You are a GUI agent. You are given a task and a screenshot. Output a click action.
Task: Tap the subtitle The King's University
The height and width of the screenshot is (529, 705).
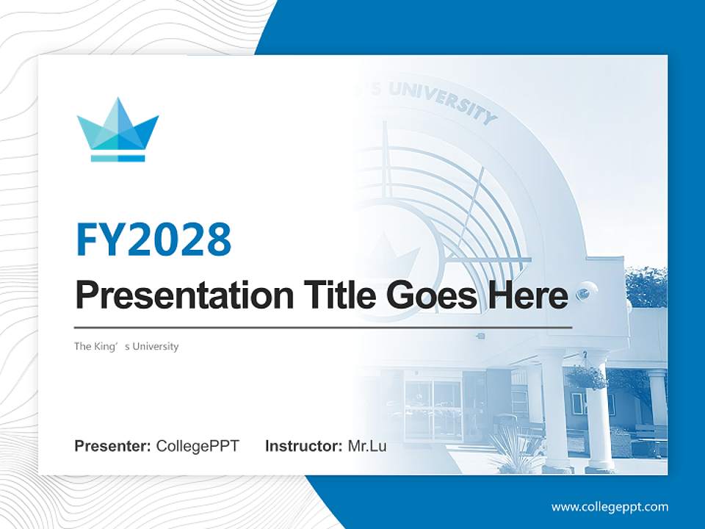(x=126, y=346)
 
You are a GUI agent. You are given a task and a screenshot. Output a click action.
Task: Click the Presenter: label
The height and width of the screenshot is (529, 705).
(x=113, y=446)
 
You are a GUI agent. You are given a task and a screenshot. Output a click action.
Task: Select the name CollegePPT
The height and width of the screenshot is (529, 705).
(x=198, y=446)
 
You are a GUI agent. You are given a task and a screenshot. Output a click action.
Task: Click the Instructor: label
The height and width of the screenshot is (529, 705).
(x=304, y=446)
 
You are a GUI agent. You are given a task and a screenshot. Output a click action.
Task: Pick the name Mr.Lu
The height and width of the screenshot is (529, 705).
(x=367, y=446)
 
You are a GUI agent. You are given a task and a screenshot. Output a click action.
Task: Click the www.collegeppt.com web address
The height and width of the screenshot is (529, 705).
(x=610, y=507)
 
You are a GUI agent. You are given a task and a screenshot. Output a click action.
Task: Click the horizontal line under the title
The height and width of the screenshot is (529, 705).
(x=323, y=327)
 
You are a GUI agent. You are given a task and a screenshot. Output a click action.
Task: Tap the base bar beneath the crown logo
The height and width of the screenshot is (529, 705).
(x=117, y=157)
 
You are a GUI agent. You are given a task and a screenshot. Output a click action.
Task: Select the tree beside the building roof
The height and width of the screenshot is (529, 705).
(x=646, y=287)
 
